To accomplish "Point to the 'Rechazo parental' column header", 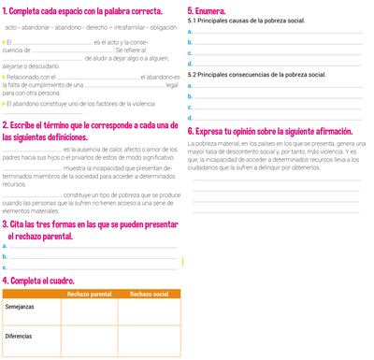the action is [x=91, y=295].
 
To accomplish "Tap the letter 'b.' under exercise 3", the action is [x=5, y=256].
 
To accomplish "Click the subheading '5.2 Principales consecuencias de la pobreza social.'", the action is [x=250, y=74].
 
